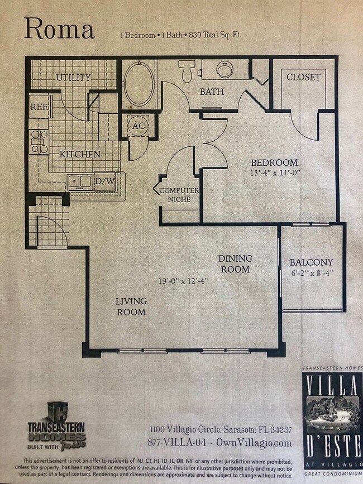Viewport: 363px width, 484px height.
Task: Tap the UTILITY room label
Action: tap(73, 78)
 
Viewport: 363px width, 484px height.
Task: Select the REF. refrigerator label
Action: tap(40, 107)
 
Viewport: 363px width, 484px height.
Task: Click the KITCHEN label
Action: tap(80, 154)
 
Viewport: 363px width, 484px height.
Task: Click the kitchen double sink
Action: tap(80, 181)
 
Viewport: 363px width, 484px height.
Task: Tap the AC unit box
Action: tap(138, 126)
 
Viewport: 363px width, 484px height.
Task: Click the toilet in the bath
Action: tap(187, 71)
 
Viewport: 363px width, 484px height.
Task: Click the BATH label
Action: tap(212, 92)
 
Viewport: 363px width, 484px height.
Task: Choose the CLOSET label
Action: tap(303, 77)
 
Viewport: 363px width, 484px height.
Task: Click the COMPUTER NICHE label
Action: tap(179, 195)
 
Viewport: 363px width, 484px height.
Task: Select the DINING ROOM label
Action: tap(235, 263)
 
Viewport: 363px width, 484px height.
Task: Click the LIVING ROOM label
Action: tap(131, 306)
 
